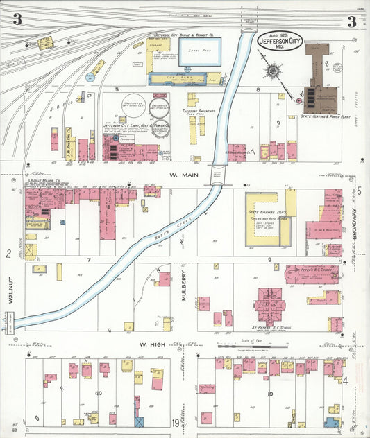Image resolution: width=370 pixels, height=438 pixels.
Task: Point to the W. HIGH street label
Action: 151,344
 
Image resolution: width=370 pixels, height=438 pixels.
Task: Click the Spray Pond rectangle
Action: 200,52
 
